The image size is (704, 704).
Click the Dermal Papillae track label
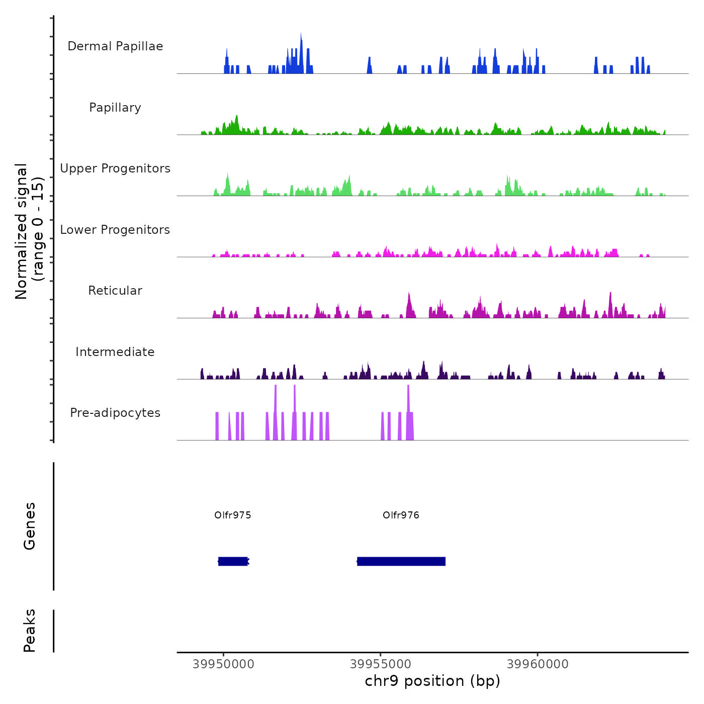click(115, 46)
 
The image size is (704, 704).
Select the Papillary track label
click(115, 108)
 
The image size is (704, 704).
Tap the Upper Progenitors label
click(115, 168)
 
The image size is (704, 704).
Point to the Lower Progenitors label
click(115, 230)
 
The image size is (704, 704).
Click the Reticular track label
click(115, 291)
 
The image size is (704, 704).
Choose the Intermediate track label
click(115, 352)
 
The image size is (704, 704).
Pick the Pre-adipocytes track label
click(115, 413)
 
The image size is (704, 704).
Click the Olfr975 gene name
click(232, 515)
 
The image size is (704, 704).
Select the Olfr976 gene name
click(401, 515)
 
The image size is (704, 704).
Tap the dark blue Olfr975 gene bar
click(233, 561)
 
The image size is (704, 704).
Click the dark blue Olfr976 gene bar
click(401, 561)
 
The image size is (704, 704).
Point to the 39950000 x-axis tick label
click(223, 664)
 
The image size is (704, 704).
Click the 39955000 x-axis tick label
click(381, 664)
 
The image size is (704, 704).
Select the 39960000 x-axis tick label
click(538, 664)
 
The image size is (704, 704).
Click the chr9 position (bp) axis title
click(432, 681)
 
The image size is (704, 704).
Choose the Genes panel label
click(30, 526)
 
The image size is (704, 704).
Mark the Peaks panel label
click(30, 631)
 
